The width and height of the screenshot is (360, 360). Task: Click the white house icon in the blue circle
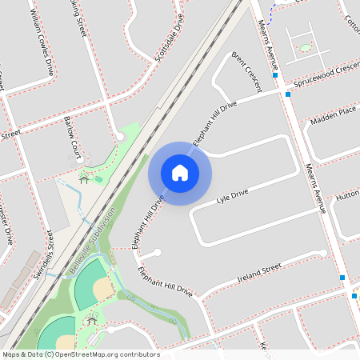[180, 173]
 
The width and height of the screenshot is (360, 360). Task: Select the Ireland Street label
[260, 274]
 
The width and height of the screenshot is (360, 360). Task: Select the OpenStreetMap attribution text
[80, 354]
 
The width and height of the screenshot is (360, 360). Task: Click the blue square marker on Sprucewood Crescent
[287, 94]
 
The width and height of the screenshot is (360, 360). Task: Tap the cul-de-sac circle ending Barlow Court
[120, 137]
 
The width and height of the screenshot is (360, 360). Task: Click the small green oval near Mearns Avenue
[306, 48]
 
